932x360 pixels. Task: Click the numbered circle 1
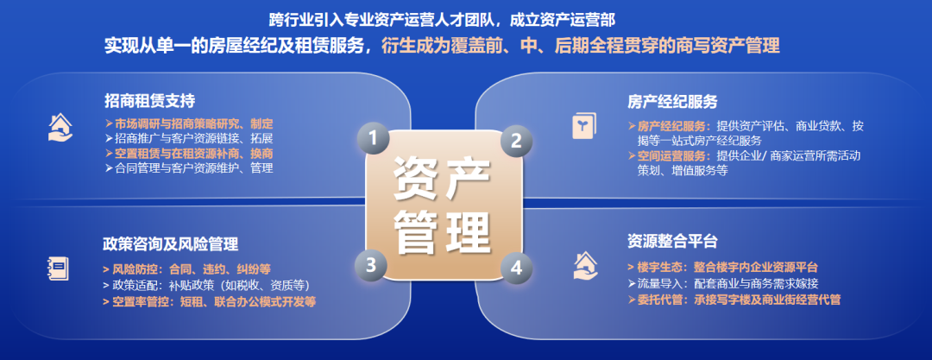[x=373, y=138]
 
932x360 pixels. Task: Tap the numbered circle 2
[x=516, y=140]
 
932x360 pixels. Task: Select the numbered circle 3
[x=372, y=265]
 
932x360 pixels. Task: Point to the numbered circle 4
[x=516, y=267]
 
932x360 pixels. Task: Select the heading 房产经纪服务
[x=672, y=102]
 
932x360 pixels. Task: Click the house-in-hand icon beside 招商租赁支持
[x=60, y=127]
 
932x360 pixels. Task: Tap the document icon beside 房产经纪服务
[x=584, y=126]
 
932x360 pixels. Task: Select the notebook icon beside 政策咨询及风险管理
[x=58, y=268]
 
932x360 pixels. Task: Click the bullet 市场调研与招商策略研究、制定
[x=189, y=123]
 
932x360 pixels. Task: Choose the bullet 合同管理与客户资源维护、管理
[x=188, y=167]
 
